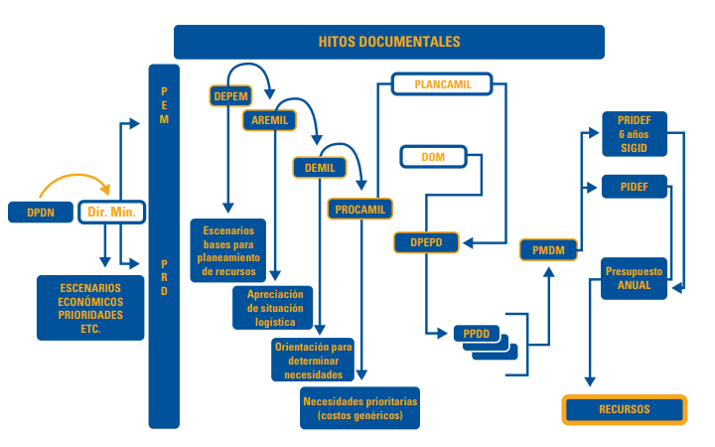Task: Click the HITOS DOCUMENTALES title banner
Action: (x=389, y=42)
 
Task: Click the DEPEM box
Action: (x=230, y=95)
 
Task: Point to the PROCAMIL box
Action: (x=359, y=209)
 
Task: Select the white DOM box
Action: (x=433, y=157)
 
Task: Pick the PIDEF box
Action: (x=634, y=186)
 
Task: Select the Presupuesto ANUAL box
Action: (x=634, y=278)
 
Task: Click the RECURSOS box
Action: (x=624, y=409)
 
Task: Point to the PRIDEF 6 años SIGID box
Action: (x=634, y=133)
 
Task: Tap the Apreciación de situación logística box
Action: (x=273, y=307)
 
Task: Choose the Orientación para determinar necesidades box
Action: (x=313, y=360)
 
